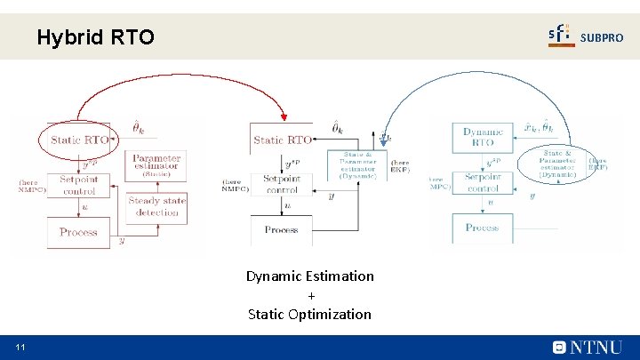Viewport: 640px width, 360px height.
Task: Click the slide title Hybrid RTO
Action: coord(95,37)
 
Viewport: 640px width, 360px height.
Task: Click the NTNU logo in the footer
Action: coord(588,348)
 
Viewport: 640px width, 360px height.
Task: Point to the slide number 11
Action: coord(20,346)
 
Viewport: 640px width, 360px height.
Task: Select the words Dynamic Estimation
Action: coord(310,276)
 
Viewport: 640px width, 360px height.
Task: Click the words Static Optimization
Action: coord(310,314)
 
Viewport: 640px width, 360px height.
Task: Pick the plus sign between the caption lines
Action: coord(311,295)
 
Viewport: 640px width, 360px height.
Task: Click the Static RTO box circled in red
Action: coord(80,140)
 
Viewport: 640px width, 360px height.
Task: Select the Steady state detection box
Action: coord(157,206)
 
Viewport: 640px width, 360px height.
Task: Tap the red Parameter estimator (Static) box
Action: coord(156,164)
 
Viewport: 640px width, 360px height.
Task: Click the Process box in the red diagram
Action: coord(78,232)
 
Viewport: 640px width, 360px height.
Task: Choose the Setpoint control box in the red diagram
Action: coord(78,185)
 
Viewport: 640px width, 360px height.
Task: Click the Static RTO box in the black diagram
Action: coord(282,140)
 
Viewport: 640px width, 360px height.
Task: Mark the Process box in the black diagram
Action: coord(282,229)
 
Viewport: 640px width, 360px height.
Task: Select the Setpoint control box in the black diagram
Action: coord(282,184)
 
